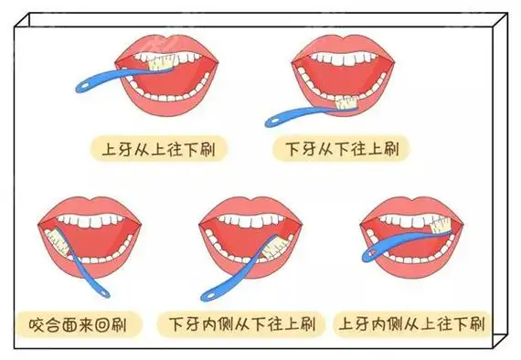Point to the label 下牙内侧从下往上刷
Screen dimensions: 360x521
coord(241,323)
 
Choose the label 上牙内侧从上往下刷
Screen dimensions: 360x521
coord(411,323)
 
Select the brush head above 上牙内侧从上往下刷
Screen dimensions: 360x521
coord(442,225)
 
